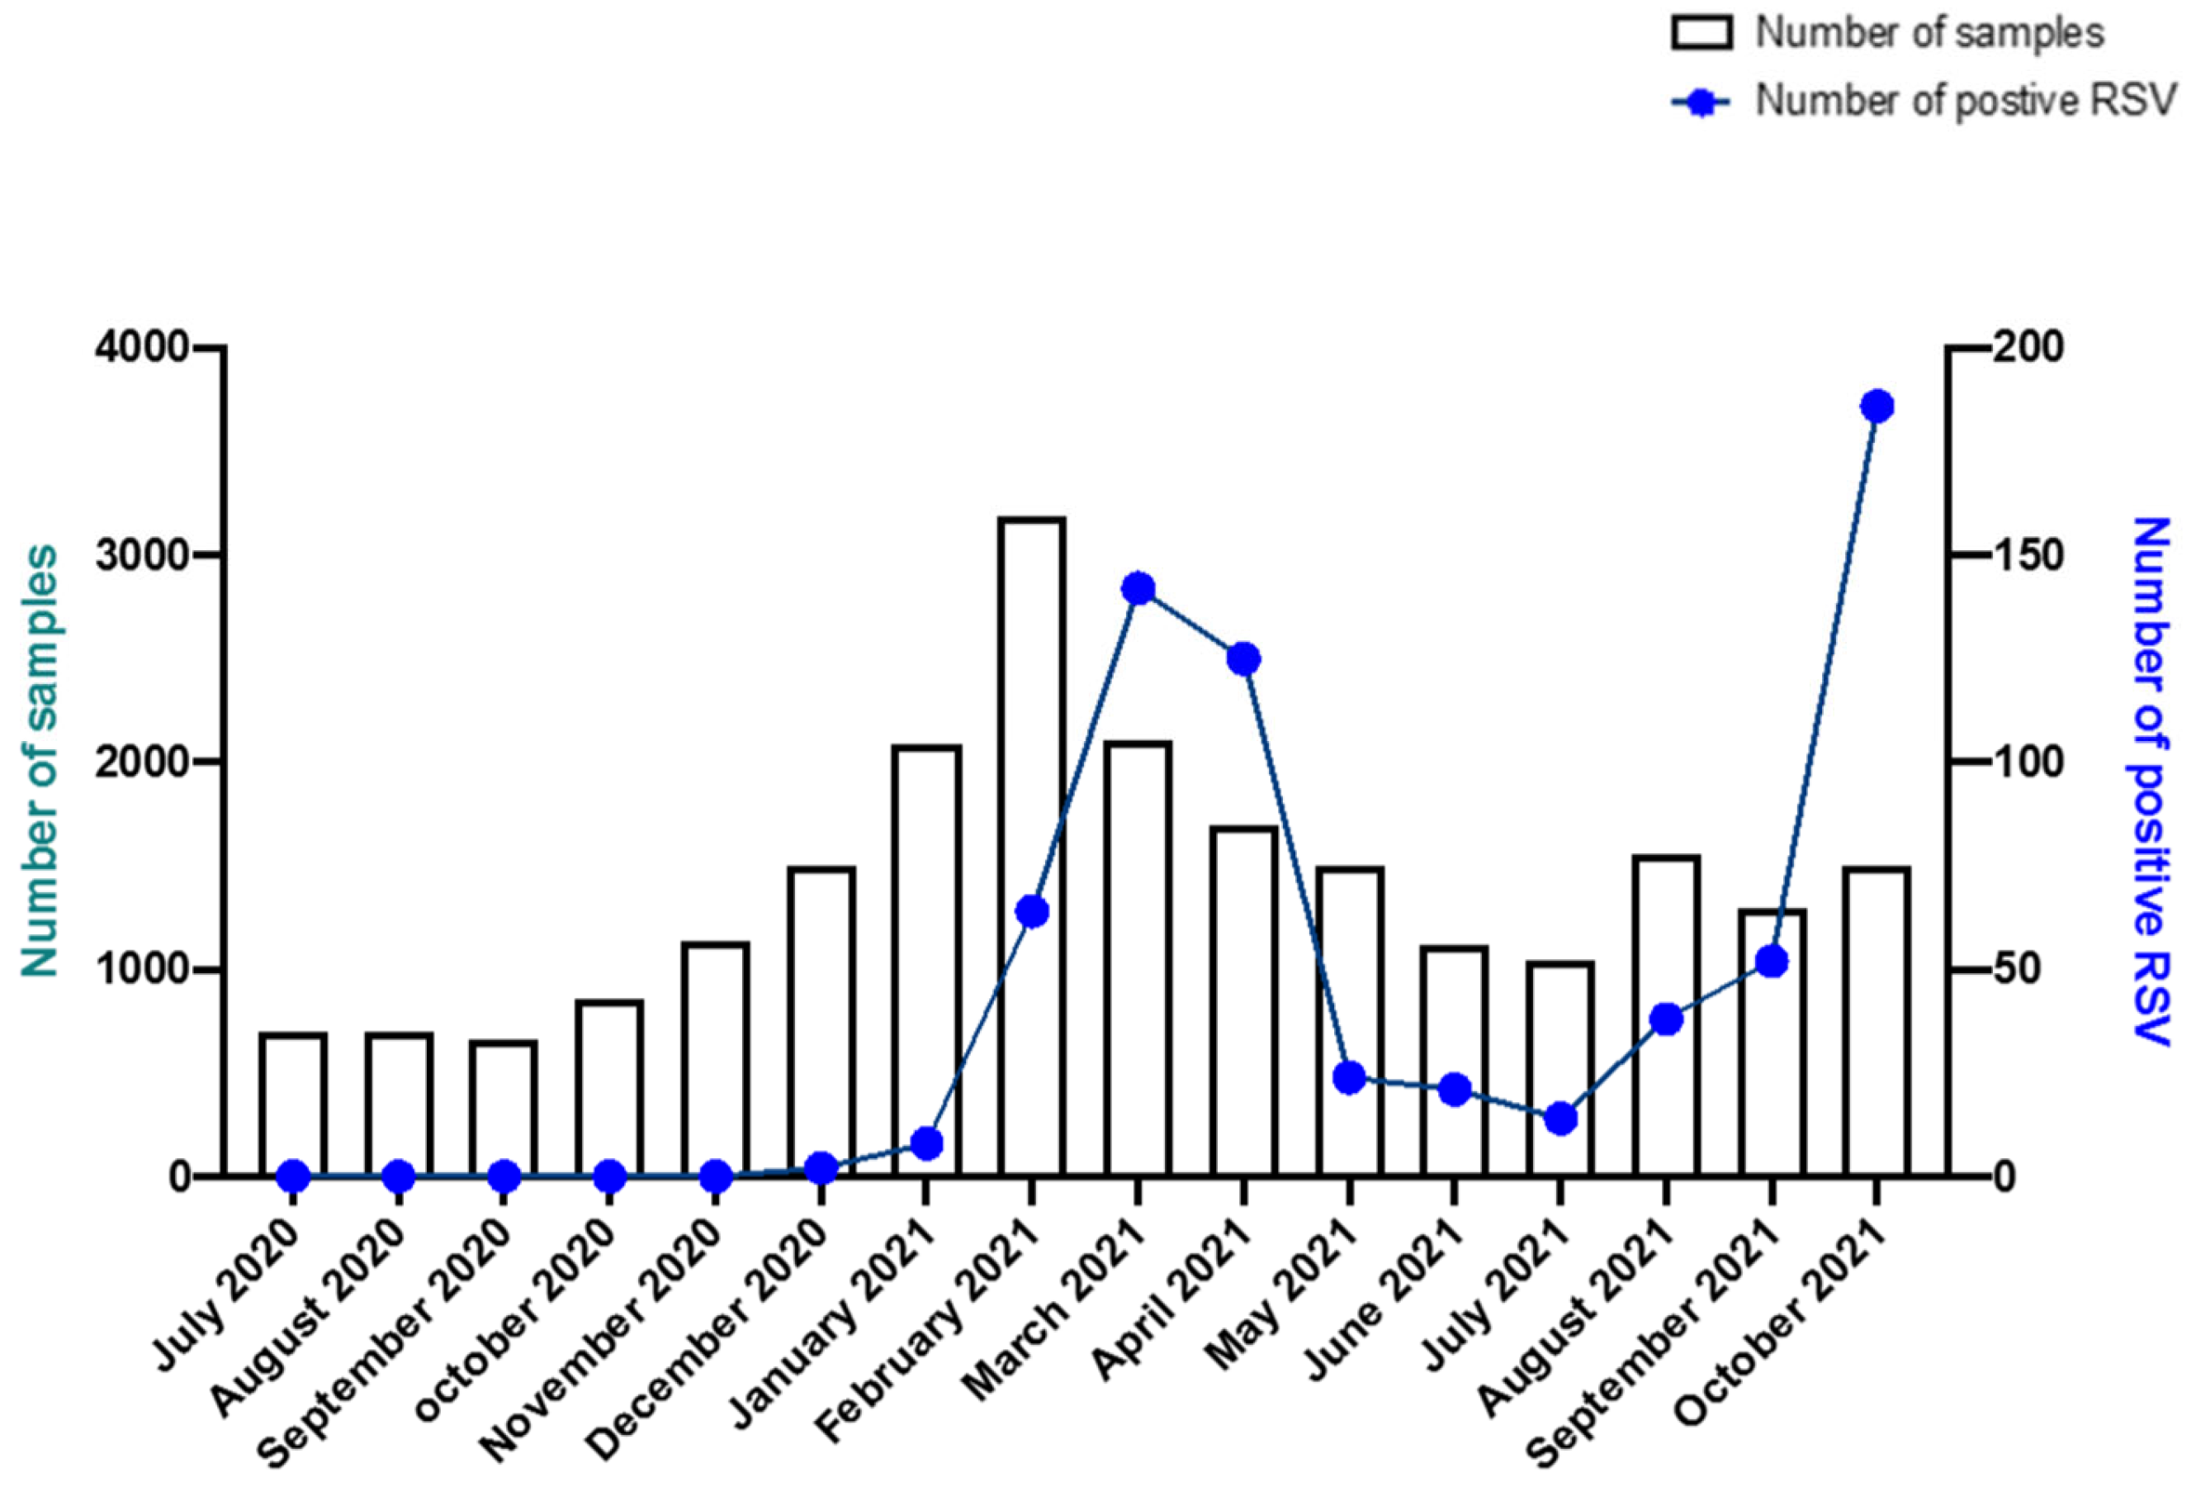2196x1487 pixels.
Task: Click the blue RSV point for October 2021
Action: coord(1877,406)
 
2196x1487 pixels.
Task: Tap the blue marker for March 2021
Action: coord(1138,589)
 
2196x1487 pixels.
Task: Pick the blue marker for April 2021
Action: coord(1243,659)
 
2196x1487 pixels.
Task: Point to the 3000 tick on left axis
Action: coord(142,555)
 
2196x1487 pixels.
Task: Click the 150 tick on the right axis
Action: coord(2028,555)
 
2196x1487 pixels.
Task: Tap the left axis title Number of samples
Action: coord(40,761)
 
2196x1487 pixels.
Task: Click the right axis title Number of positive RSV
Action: coord(2150,780)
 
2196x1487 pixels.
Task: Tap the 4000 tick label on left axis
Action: coord(142,348)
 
